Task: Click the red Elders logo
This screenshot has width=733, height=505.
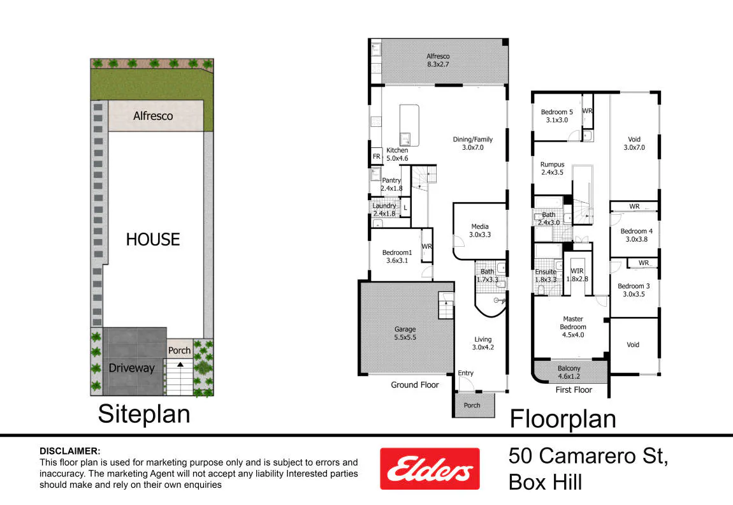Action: [x=430, y=469]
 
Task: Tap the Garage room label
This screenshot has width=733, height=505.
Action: [x=405, y=333]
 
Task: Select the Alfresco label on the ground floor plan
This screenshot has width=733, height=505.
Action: [x=438, y=61]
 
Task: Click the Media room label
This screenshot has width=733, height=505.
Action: [x=480, y=231]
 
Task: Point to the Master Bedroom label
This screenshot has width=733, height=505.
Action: [x=573, y=327]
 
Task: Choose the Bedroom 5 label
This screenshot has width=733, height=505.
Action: [x=557, y=116]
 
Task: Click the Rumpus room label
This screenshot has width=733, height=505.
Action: [x=552, y=168]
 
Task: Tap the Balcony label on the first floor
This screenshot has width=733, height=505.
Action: [x=569, y=372]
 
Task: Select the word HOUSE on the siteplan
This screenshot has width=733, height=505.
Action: [x=153, y=239]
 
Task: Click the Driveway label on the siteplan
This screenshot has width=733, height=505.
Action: [x=131, y=368]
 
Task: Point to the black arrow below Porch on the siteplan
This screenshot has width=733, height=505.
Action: [x=180, y=364]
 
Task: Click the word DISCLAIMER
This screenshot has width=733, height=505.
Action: [x=69, y=451]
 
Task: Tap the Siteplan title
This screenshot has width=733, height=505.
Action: [x=144, y=414]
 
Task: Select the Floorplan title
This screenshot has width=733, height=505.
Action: [x=563, y=419]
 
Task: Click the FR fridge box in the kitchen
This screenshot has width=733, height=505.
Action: [x=376, y=157]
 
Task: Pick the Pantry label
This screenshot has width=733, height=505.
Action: [x=391, y=184]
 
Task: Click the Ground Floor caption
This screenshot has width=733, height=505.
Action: [x=415, y=385]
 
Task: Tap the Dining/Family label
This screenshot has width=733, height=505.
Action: [x=472, y=143]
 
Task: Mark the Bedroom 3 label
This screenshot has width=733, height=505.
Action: [x=634, y=290]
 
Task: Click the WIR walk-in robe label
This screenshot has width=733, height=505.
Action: [x=577, y=275]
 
